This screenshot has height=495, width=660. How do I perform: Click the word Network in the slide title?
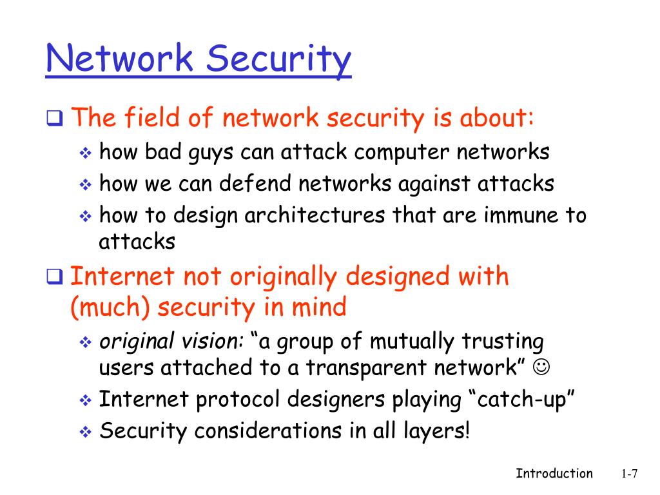click(119, 59)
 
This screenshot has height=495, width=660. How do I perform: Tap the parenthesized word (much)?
click(110, 307)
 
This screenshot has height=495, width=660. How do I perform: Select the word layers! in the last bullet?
click(438, 430)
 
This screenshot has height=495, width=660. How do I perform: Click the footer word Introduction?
click(554, 474)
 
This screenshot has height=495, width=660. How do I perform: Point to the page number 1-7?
click(629, 474)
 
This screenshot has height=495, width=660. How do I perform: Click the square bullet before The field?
click(54, 119)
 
